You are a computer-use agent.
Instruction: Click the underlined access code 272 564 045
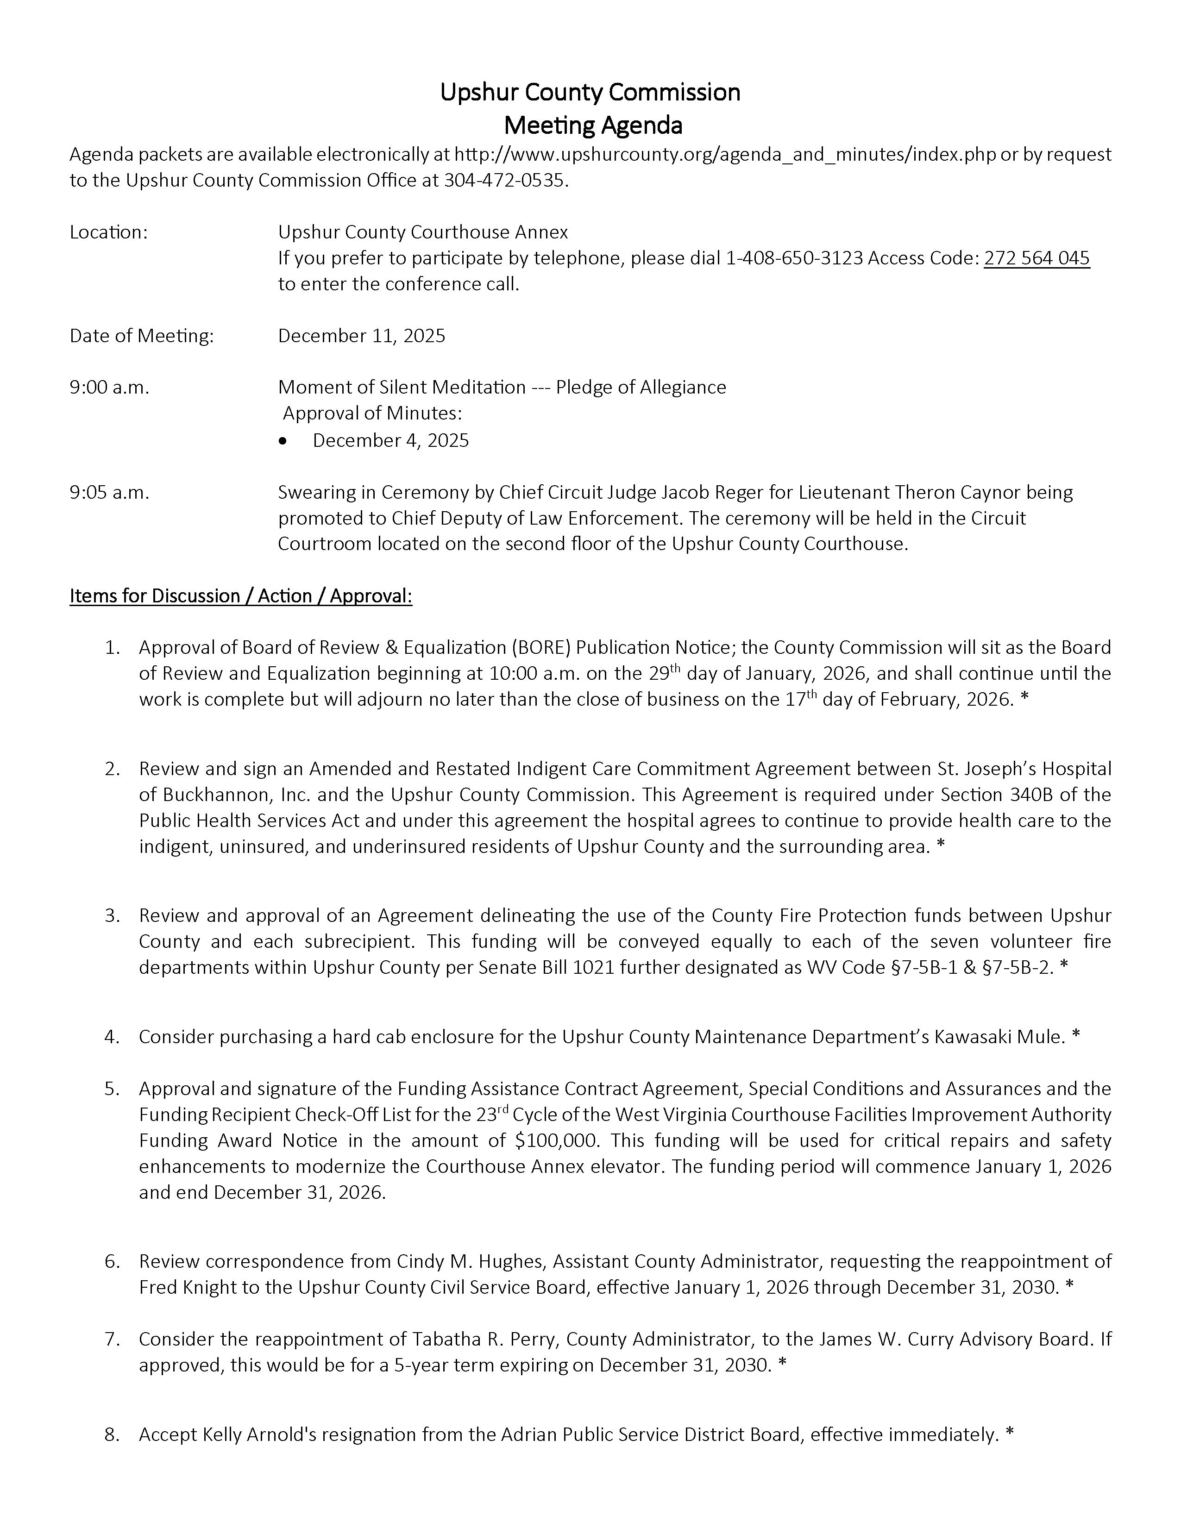(1036, 258)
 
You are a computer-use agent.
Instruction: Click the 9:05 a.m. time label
(109, 493)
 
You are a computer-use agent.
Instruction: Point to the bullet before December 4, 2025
(283, 441)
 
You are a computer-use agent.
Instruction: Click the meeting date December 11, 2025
(361, 336)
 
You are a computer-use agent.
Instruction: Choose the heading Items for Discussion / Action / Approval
(241, 596)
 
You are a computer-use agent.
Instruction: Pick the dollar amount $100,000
(557, 1140)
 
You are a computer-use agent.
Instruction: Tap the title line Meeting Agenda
(593, 125)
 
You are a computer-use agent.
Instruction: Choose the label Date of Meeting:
(141, 336)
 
